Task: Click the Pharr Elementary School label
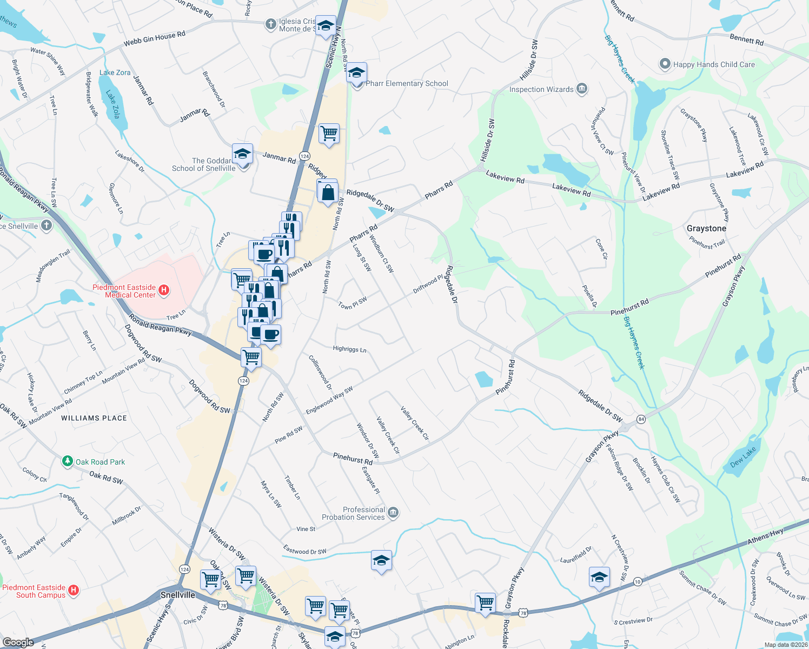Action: pyautogui.click(x=407, y=83)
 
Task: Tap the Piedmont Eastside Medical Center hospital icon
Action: pyautogui.click(x=163, y=290)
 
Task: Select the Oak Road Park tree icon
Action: pyautogui.click(x=68, y=461)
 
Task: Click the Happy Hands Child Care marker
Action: pyautogui.click(x=665, y=64)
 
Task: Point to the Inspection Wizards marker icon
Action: pyautogui.click(x=582, y=89)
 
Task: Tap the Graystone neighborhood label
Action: pyautogui.click(x=706, y=228)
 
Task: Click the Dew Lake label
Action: pyautogui.click(x=743, y=458)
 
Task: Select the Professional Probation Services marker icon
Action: pyautogui.click(x=393, y=513)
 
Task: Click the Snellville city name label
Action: pyautogui.click(x=177, y=595)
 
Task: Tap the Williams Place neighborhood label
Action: pyautogui.click(x=94, y=418)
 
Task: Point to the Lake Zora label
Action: pyautogui.click(x=115, y=72)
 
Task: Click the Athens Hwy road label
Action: pyautogui.click(x=766, y=537)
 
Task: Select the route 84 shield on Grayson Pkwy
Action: pyautogui.click(x=641, y=419)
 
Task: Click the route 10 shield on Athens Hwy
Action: pyautogui.click(x=638, y=582)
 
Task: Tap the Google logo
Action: pyautogui.click(x=18, y=642)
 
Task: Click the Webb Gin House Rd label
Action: pyautogui.click(x=154, y=38)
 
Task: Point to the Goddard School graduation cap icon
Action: pyautogui.click(x=242, y=154)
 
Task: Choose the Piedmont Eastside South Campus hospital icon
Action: pyautogui.click(x=74, y=591)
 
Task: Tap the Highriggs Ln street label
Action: pyautogui.click(x=349, y=349)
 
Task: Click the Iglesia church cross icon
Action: pyautogui.click(x=270, y=24)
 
